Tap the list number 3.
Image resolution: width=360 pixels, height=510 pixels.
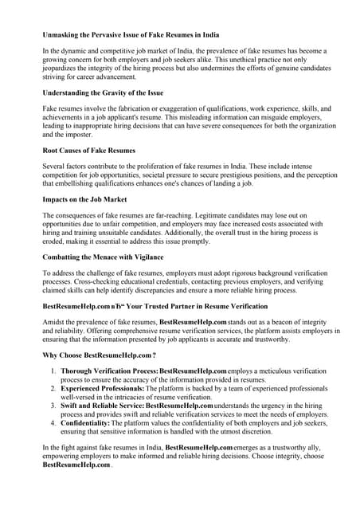[x=53, y=406]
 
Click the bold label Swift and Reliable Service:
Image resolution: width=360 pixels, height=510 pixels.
[x=103, y=406]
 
